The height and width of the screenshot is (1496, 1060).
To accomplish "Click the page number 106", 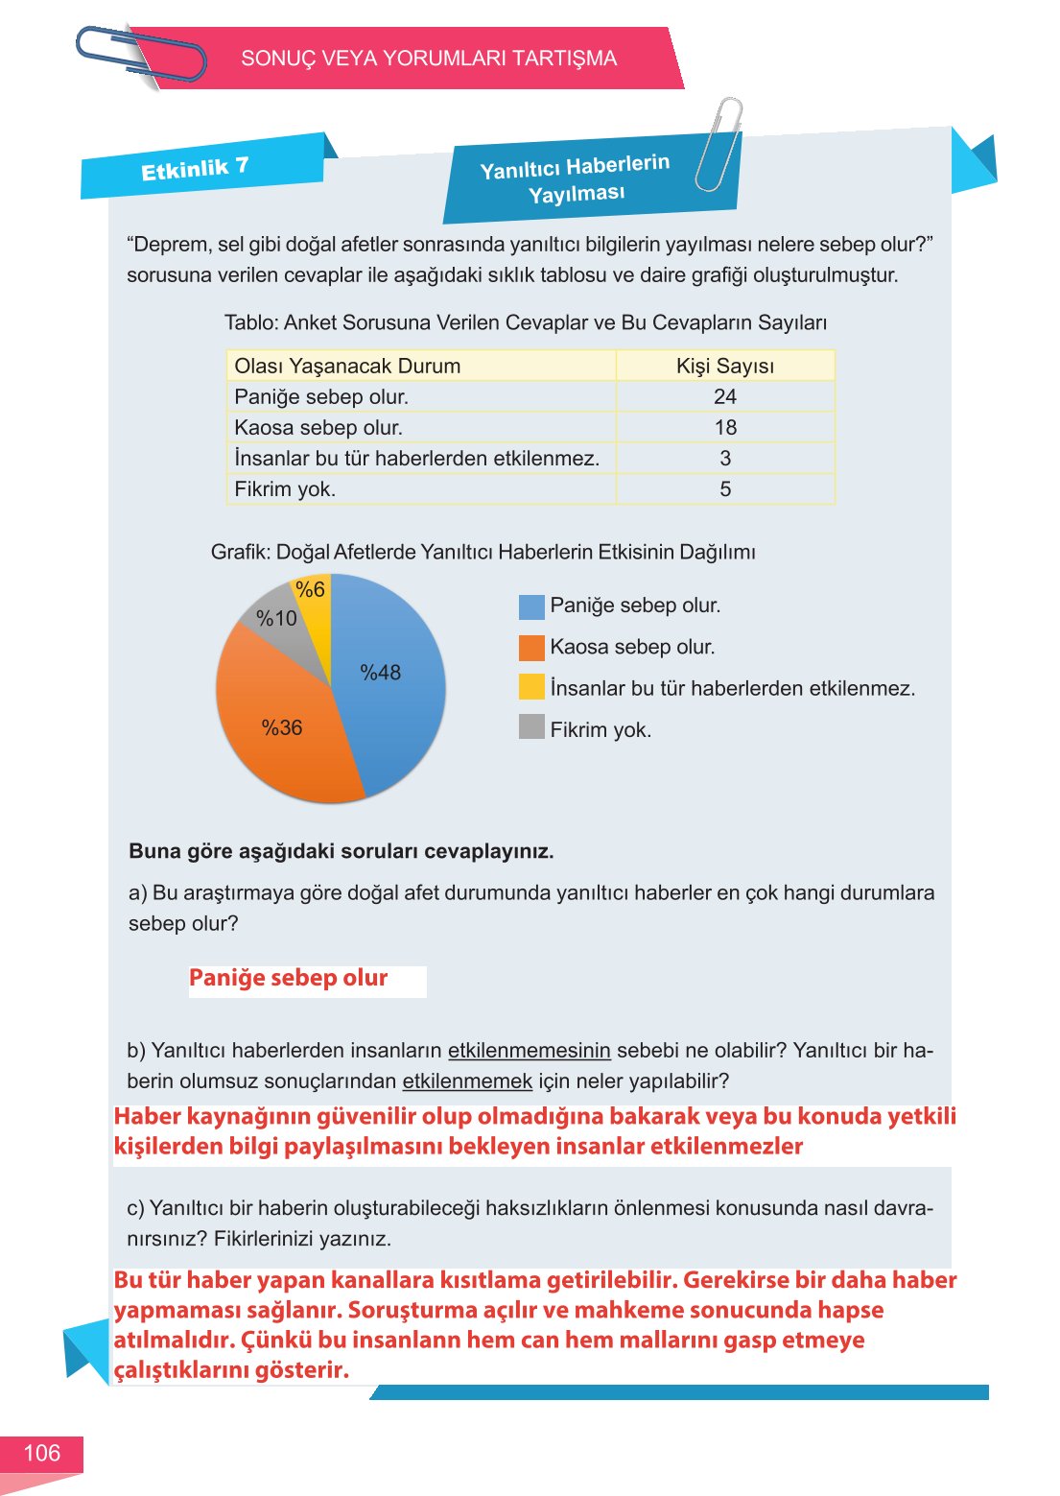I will click(x=41, y=1453).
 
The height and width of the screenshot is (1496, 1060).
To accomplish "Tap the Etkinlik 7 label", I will click(x=195, y=169).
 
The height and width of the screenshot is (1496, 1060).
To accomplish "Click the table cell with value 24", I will click(x=725, y=396).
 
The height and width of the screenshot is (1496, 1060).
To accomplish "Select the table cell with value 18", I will click(x=725, y=427).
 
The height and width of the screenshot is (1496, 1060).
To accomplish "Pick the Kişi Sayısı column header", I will click(x=725, y=366).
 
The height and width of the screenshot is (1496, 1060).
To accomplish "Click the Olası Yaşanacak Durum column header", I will click(x=347, y=366).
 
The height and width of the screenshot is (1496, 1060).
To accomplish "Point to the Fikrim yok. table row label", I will click(x=285, y=488).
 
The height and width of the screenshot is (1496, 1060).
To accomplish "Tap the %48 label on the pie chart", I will click(x=380, y=673).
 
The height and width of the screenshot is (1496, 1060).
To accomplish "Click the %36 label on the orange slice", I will click(x=282, y=727).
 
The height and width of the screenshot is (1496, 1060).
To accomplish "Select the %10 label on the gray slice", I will click(x=276, y=619).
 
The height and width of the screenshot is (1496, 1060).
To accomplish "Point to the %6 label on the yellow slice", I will click(x=310, y=589).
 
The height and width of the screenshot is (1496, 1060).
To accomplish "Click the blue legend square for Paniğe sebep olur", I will click(x=531, y=606).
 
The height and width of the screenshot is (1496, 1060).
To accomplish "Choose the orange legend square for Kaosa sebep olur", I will click(x=531, y=648).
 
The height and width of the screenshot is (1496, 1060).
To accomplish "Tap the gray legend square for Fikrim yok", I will click(x=531, y=726).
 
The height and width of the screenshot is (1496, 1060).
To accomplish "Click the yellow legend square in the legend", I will click(x=531, y=686).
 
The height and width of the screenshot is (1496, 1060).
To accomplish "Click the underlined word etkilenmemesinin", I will click(x=529, y=1050).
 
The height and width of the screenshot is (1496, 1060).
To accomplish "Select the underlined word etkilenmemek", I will click(x=467, y=1080).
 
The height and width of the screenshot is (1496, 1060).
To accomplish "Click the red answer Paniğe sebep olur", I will click(x=288, y=978).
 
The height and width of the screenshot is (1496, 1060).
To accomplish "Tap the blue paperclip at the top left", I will click(x=141, y=55).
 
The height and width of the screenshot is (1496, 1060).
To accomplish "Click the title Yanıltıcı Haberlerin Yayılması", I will click(x=576, y=179).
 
